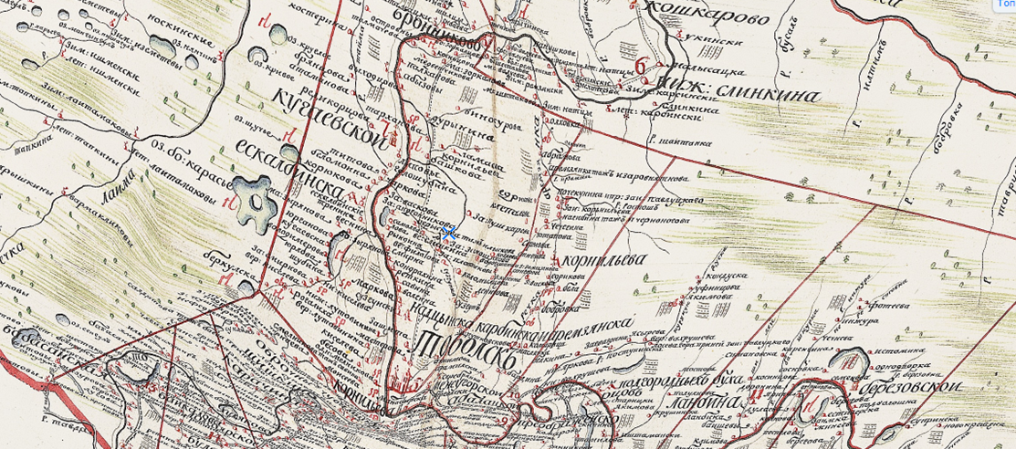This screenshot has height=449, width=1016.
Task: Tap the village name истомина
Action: click(x=895, y=350)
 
